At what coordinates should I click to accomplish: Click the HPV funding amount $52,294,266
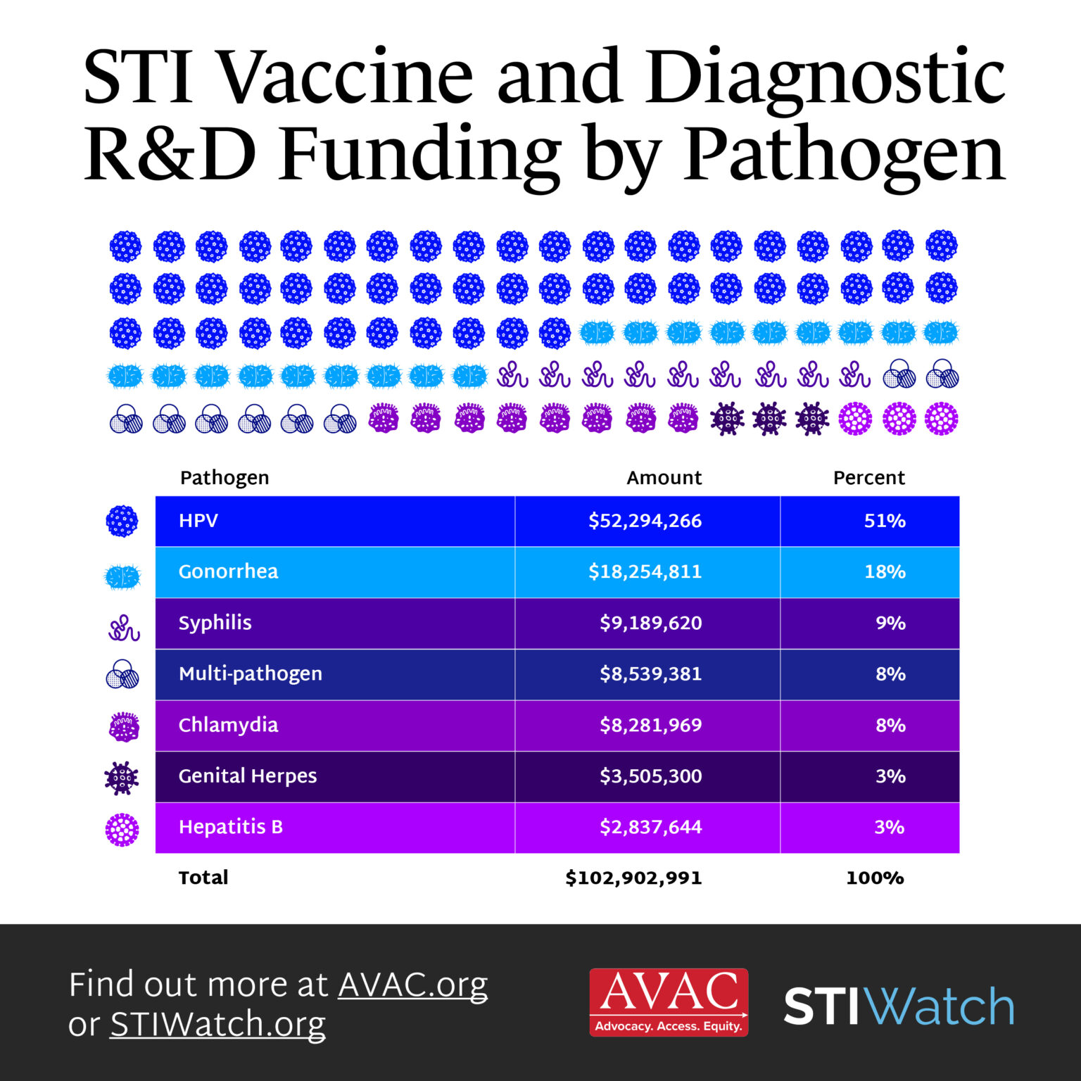[645, 521]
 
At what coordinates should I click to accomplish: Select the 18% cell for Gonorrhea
[885, 571]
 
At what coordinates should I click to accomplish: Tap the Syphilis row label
[215, 623]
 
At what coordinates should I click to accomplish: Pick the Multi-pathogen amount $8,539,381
[650, 674]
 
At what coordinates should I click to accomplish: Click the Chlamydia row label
[228, 725]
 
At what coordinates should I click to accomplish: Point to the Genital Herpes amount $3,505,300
[650, 776]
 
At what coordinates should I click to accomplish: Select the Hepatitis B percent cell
[889, 827]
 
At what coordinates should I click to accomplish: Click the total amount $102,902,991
[633, 878]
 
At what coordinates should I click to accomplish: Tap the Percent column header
[868, 478]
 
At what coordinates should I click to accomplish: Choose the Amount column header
[664, 478]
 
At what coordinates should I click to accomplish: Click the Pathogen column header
[225, 478]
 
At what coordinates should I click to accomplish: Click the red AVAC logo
[669, 1002]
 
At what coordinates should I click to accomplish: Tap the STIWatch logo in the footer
[899, 1006]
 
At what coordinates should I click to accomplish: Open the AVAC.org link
[412, 985]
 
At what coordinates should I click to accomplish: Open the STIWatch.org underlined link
[217, 1025]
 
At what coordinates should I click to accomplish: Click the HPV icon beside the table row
[122, 521]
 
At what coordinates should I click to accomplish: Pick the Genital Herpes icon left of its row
[122, 778]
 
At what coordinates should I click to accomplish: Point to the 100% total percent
[875, 878]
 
